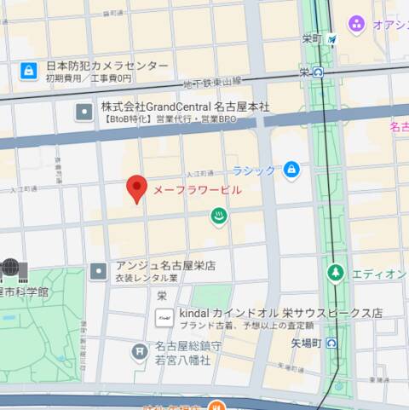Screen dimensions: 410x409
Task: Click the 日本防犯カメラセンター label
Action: tap(107, 66)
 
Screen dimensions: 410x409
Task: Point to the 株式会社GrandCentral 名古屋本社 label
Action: tap(185, 107)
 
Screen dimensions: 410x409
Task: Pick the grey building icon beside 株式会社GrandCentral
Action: tap(84, 112)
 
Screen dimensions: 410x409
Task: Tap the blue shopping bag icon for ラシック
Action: tap(291, 170)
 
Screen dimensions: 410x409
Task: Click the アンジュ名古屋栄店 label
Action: tap(165, 266)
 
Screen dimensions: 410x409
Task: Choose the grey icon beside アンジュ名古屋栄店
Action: tap(101, 270)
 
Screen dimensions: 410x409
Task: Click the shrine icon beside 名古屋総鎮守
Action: tap(140, 351)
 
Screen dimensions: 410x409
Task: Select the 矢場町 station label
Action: tap(303, 343)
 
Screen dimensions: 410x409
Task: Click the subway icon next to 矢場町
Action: tap(331, 343)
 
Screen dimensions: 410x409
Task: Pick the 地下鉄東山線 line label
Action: tap(212, 81)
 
